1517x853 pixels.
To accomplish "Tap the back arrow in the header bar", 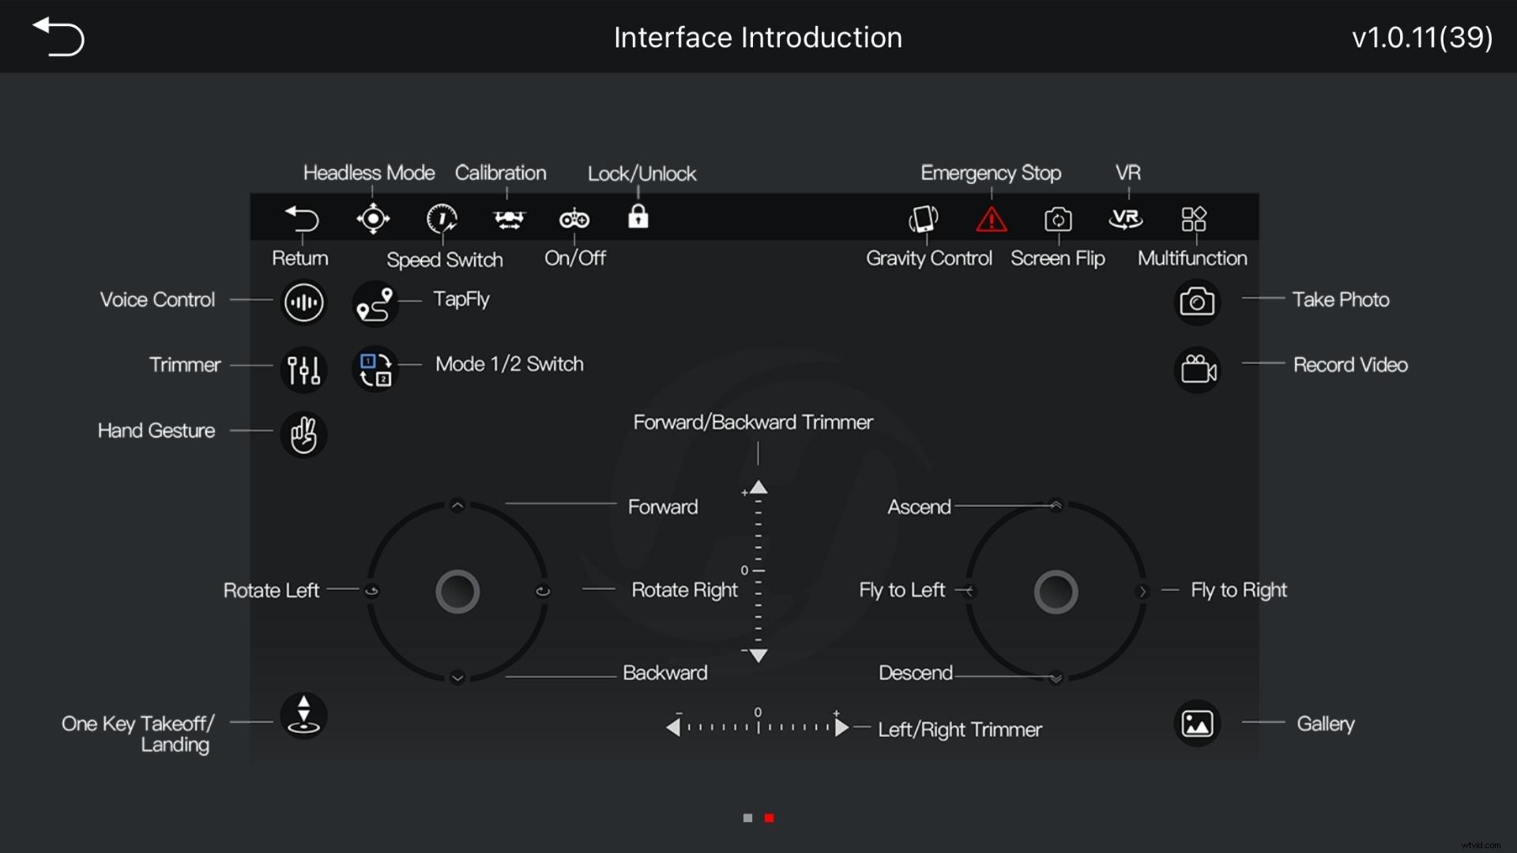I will (x=58, y=37).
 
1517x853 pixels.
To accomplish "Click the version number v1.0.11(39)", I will (x=1422, y=37).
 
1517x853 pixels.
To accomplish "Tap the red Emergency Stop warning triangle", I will (x=991, y=219).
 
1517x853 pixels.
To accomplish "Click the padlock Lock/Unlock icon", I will (x=638, y=216).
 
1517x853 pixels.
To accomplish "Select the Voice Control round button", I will (x=303, y=302).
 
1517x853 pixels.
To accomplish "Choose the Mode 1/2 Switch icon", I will (x=375, y=369).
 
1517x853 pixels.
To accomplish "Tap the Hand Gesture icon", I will (x=303, y=434).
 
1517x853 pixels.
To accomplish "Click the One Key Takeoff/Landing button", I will (x=303, y=715).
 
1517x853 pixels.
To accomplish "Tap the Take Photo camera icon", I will (x=1197, y=302).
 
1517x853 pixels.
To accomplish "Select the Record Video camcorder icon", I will (x=1198, y=369).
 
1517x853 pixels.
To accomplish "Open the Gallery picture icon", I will (x=1197, y=723).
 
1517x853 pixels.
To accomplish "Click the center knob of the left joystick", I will (x=457, y=592).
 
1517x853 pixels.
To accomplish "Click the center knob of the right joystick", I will (x=1056, y=592).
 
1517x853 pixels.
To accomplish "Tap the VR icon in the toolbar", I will (x=1126, y=219).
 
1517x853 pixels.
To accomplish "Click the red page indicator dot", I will (x=769, y=818).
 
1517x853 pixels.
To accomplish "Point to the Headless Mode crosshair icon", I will (x=373, y=219).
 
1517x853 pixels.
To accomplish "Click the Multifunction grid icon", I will (x=1193, y=219).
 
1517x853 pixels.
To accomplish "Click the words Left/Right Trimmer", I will (x=960, y=729).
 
